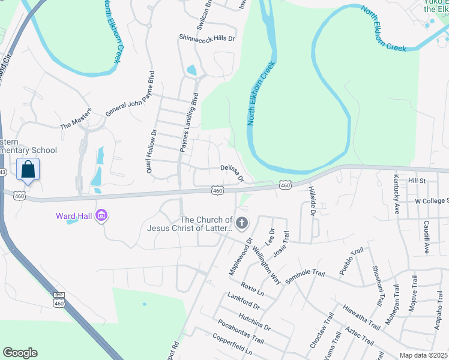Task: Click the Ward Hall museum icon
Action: [101, 215]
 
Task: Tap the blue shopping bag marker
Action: [28, 170]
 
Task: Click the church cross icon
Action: [242, 224]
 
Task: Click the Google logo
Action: [20, 353]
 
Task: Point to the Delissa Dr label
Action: [232, 173]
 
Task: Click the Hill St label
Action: [417, 180]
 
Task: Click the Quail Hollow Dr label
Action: [150, 152]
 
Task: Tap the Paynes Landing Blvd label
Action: [188, 126]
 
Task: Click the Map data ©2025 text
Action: [423, 355]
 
